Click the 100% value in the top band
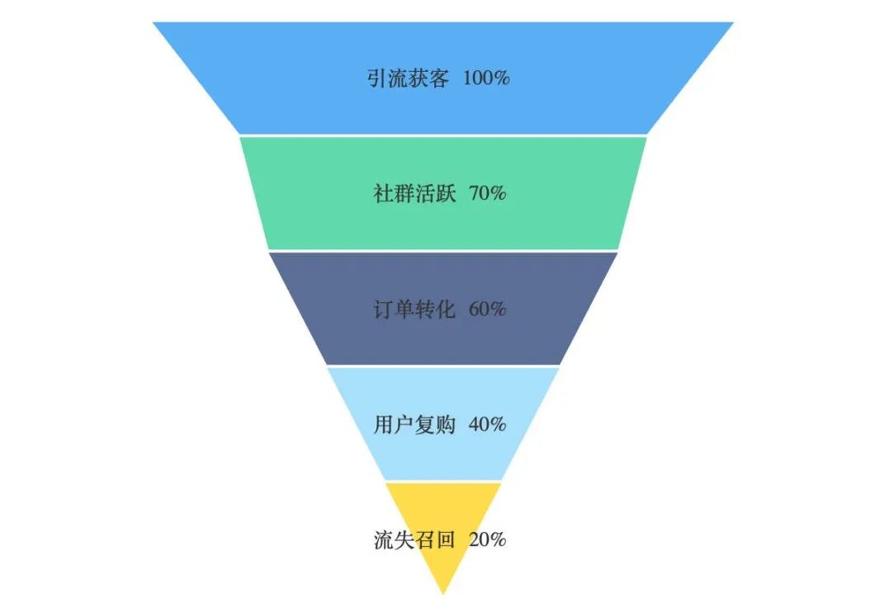tap(486, 78)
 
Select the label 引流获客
tap(408, 78)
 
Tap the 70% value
tap(487, 194)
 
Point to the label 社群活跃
tap(414, 194)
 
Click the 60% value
tap(487, 310)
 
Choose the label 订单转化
tap(414, 310)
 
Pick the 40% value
tap(487, 425)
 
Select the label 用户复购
tap(414, 425)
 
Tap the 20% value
tap(487, 540)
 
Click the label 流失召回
tap(414, 540)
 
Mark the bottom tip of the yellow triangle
tap(443, 594)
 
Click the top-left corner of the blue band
tap(154, 23)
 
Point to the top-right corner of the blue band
tap(733, 23)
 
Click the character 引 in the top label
tap(377, 78)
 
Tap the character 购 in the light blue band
tap(446, 425)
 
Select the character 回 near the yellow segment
tap(446, 540)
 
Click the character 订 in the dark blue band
tap(384, 310)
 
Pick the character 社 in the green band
tap(384, 194)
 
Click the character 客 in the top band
tap(439, 78)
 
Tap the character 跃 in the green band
tap(446, 194)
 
